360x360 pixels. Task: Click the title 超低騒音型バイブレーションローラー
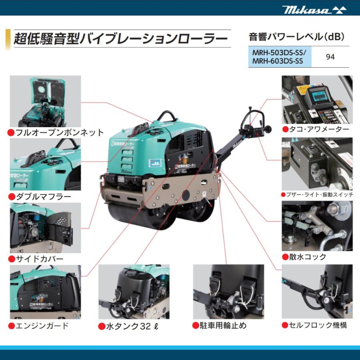pos(120,39)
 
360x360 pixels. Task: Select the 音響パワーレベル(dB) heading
pos(296,37)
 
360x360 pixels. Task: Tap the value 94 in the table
pos(330,57)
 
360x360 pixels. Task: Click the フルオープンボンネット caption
pos(59,132)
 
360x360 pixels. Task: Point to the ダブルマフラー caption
pos(43,196)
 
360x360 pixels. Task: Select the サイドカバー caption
pos(39,259)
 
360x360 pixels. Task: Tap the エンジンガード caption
pos(42,325)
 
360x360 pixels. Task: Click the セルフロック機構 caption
pos(316,325)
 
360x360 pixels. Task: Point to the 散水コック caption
pos(308,257)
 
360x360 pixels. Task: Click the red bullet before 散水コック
pos(285,257)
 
